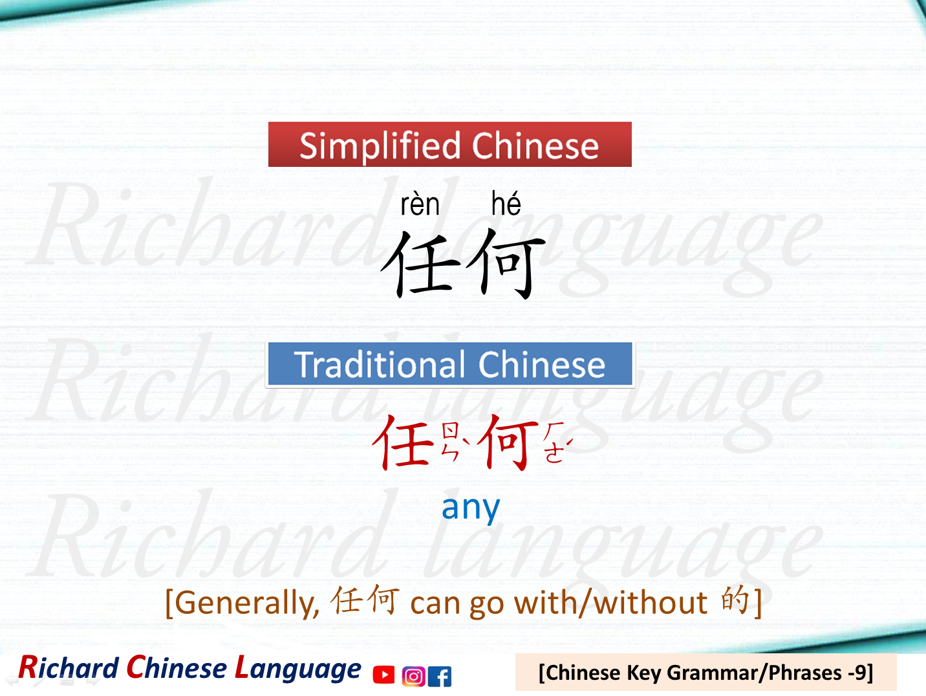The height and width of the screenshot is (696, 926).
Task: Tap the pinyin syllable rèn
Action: point(420,205)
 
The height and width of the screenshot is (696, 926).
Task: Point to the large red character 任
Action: point(404,442)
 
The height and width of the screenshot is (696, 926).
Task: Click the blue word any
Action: point(470,508)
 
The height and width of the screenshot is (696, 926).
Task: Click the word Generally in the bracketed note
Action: point(246,603)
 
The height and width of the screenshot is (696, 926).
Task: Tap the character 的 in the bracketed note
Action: point(735,600)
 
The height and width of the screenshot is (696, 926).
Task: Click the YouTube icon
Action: point(383,675)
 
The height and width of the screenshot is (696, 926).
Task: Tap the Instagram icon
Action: point(413,676)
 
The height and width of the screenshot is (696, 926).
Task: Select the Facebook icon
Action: point(440,676)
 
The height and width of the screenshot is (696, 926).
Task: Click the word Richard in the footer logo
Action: point(69,668)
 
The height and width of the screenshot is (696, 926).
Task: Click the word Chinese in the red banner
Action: point(535,146)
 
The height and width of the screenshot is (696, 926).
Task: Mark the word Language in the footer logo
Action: point(297,669)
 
